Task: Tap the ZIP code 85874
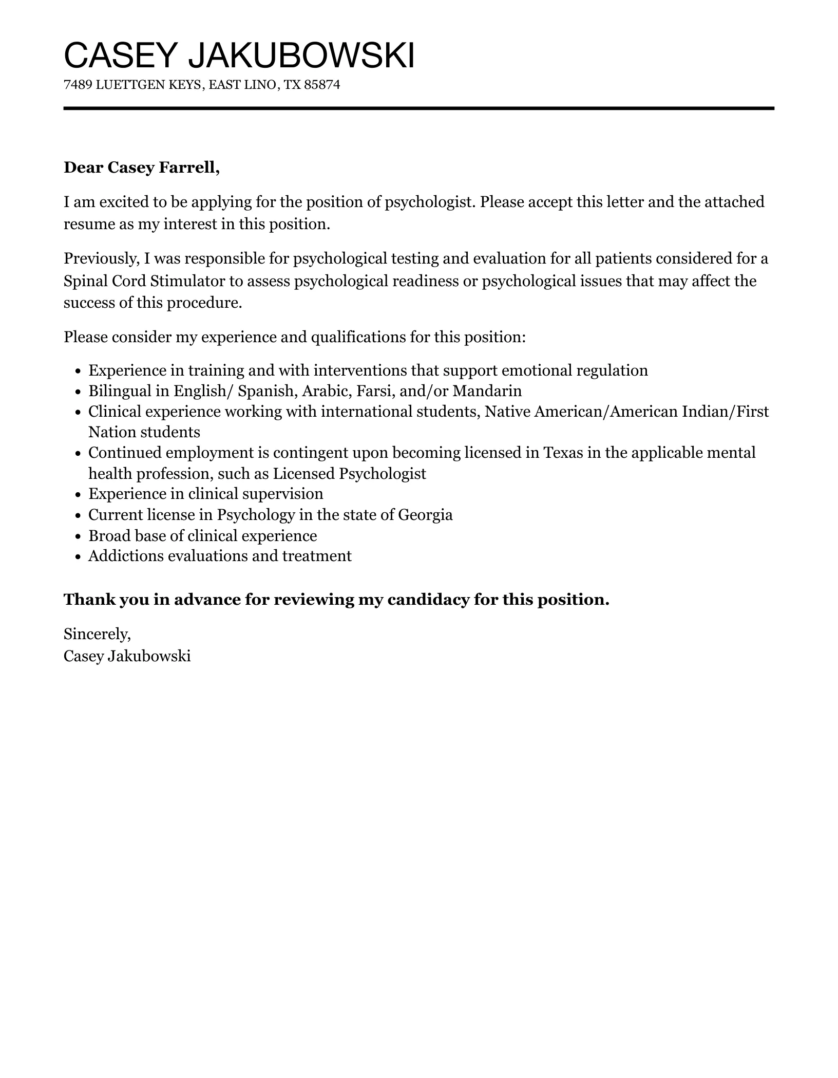(x=322, y=85)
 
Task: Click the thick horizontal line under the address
(x=418, y=108)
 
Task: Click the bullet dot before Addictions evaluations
(x=78, y=557)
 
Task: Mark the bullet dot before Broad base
(x=78, y=536)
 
